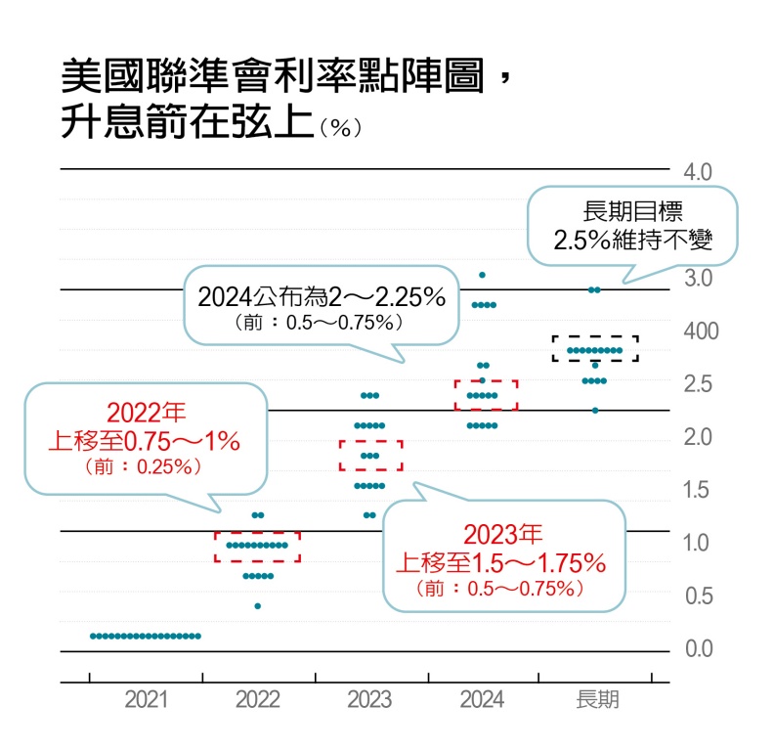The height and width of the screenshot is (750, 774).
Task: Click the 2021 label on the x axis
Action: (145, 700)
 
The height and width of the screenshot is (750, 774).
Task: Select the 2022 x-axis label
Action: (257, 700)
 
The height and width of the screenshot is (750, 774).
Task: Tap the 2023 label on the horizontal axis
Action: (369, 700)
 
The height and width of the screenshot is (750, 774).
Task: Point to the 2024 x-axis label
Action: (482, 700)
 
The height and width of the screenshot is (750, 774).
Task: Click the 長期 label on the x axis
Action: (597, 700)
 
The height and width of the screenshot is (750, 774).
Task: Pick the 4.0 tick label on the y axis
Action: (700, 172)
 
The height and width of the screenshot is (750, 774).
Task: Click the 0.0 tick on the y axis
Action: (700, 649)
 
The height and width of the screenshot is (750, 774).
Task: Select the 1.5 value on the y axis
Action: (700, 490)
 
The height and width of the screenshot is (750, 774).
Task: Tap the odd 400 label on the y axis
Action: (700, 331)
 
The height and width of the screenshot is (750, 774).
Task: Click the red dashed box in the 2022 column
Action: (257, 547)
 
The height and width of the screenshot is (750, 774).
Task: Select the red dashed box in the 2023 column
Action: (370, 455)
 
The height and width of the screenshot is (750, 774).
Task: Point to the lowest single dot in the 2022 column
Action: (257, 606)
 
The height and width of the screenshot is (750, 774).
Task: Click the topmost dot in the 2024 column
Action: (482, 275)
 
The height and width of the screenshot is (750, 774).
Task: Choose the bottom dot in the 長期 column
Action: (595, 411)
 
